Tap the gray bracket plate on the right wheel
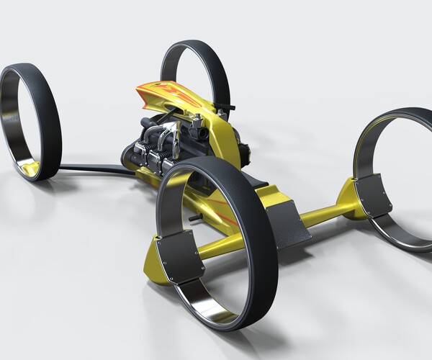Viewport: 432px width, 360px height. click(x=372, y=194)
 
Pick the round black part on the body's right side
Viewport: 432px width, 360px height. click(x=244, y=152)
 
